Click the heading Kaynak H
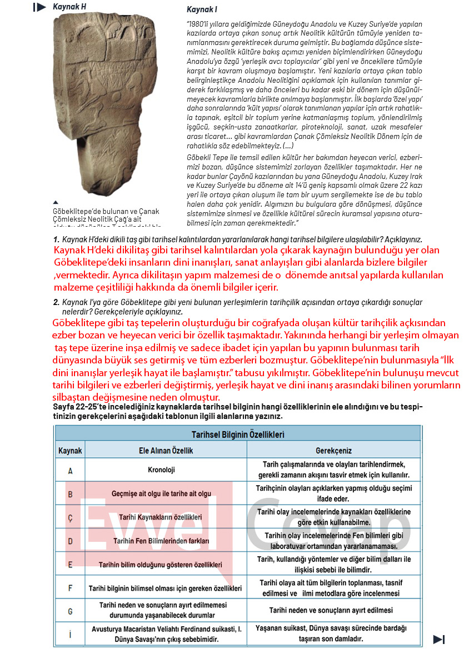[69, 7]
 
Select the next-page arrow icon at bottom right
[438, 639]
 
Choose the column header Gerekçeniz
[333, 451]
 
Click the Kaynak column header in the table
[70, 451]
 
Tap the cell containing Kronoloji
[162, 470]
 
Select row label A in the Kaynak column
[70, 471]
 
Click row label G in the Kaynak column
[70, 611]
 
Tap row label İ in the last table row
[70, 634]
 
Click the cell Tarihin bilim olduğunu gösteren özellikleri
[162, 565]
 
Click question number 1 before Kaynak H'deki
[56, 238]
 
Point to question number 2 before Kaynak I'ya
[56, 302]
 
